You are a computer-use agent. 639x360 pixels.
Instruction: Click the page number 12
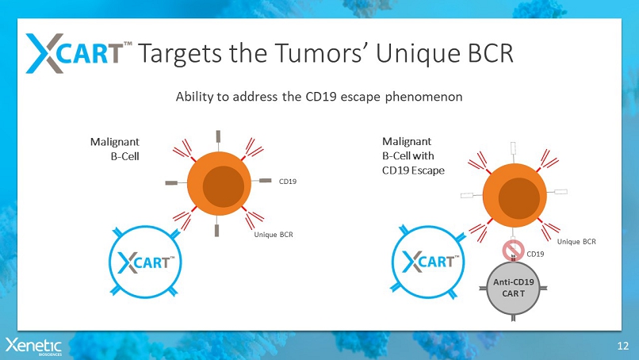(x=622, y=347)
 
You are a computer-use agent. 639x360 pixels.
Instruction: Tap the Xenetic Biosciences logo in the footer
(x=33, y=347)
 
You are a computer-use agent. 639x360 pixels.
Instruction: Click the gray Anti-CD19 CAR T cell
(x=513, y=289)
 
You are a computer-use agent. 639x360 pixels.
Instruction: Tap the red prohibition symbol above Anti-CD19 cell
(x=513, y=251)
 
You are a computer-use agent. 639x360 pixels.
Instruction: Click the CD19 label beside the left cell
(x=287, y=182)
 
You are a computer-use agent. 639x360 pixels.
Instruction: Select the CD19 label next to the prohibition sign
(x=535, y=254)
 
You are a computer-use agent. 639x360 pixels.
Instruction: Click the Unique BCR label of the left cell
(x=274, y=235)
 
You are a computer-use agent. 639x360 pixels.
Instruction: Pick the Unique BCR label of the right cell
(x=576, y=241)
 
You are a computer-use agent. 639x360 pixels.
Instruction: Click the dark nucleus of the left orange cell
(x=224, y=186)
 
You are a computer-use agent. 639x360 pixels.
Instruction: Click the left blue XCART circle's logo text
(x=147, y=262)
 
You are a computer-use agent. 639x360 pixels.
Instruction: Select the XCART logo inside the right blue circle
(x=430, y=262)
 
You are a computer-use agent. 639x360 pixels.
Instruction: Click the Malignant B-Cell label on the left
(x=114, y=149)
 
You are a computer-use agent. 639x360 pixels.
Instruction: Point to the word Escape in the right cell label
(x=428, y=170)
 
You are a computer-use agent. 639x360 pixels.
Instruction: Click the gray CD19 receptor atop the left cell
(x=219, y=136)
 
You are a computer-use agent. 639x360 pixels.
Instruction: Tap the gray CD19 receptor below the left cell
(x=216, y=230)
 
